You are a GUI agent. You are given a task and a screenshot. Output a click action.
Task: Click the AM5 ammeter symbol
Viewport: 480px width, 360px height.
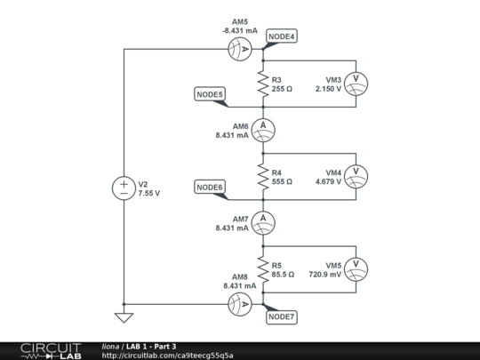click(239, 50)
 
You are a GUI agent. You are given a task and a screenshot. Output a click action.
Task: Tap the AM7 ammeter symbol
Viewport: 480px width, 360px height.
click(263, 221)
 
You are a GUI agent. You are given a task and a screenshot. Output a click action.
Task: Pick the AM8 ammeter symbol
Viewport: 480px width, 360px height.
click(239, 304)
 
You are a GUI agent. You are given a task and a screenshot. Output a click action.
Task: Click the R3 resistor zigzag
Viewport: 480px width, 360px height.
click(263, 84)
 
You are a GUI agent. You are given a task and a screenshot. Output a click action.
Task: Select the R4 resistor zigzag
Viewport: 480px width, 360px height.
click(263, 176)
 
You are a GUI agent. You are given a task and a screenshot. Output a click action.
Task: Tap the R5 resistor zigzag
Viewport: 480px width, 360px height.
click(263, 268)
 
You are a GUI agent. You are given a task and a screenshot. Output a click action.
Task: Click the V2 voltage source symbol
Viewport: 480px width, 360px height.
click(124, 188)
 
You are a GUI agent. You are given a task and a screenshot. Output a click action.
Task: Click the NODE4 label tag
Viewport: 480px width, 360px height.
click(282, 36)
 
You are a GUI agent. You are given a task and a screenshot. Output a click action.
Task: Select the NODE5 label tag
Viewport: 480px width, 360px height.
click(210, 94)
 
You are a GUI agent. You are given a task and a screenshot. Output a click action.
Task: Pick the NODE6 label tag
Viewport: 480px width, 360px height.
click(210, 187)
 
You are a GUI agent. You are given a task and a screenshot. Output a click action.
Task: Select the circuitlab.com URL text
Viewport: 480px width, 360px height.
click(168, 356)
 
